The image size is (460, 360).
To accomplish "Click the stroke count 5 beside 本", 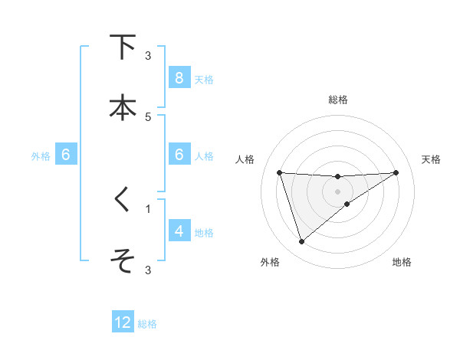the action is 148,116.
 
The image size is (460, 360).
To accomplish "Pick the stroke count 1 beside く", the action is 148,208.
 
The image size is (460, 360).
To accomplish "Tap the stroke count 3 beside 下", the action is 148,56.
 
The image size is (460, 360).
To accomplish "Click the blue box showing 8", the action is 179,78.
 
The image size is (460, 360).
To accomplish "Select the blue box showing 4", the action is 179,231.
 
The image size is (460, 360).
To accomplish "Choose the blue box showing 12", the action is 123,322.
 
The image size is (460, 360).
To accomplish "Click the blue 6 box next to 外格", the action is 66,155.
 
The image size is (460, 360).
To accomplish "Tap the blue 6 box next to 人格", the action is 179,155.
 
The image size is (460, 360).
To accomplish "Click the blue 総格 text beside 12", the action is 147,324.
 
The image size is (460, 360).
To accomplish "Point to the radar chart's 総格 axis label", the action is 338,100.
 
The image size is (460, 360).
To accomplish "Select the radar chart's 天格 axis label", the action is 432,159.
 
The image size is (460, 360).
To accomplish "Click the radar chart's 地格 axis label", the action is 402,262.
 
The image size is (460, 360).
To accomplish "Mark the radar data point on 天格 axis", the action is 396,172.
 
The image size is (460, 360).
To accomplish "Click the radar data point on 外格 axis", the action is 301,242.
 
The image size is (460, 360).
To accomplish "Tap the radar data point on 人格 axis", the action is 280,172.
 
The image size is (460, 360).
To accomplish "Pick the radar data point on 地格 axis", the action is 347,204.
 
